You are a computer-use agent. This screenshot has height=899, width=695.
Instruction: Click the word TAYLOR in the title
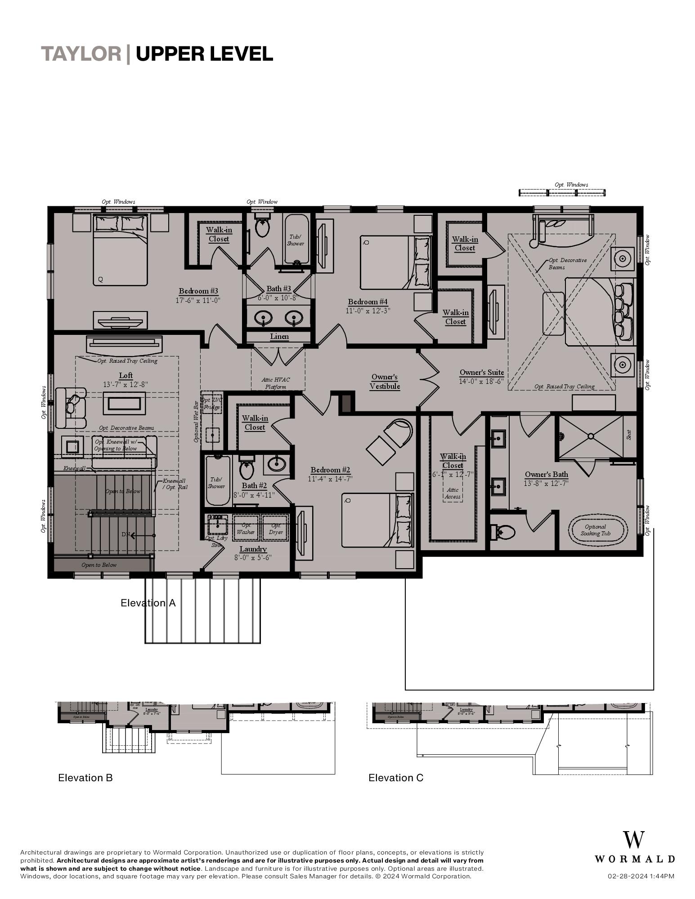(x=81, y=54)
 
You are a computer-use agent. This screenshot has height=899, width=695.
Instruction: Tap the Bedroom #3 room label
(x=198, y=291)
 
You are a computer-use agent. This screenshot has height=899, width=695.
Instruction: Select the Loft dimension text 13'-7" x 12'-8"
(x=126, y=384)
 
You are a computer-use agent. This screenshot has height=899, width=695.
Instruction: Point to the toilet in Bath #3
(x=262, y=227)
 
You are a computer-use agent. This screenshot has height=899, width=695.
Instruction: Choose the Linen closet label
(x=279, y=337)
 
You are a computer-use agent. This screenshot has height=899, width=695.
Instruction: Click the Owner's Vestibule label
(x=385, y=382)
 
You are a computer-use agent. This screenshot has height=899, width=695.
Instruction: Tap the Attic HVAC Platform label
(x=276, y=383)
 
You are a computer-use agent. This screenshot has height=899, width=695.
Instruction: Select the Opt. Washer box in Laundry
(x=246, y=529)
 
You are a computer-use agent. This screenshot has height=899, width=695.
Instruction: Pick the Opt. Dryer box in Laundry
(x=276, y=529)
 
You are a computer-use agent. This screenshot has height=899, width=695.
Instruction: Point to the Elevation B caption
(x=85, y=778)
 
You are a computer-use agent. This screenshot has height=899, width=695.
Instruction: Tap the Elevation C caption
(x=396, y=778)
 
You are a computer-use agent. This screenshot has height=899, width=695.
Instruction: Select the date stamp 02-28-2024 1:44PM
(x=641, y=876)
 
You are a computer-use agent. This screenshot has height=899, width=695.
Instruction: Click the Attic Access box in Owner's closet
(x=453, y=493)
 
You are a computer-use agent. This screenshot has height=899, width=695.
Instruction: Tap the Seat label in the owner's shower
(x=629, y=435)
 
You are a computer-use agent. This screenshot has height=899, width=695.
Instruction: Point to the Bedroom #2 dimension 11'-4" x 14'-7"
(x=330, y=479)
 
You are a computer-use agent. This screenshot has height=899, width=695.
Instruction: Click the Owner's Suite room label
(x=481, y=373)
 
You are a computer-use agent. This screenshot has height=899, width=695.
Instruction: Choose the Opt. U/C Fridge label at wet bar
(x=211, y=404)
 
